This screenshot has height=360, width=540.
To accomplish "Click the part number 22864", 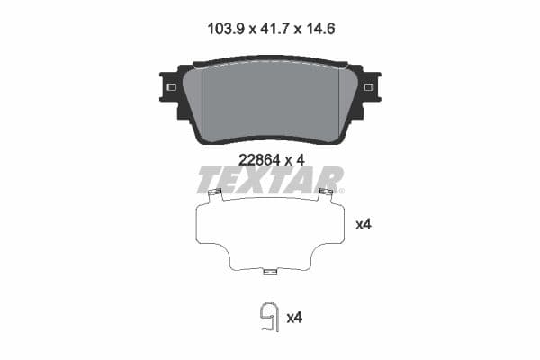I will [x=256, y=159].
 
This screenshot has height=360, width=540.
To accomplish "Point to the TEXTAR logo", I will [x=270, y=180].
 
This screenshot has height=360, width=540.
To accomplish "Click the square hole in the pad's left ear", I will [x=170, y=86].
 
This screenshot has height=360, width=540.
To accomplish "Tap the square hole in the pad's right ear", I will [x=369, y=86].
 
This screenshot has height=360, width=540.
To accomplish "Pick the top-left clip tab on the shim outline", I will [x=214, y=193].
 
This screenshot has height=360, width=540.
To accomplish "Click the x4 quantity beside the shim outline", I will [x=364, y=224].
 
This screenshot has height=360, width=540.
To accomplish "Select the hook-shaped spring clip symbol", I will [x=268, y=317].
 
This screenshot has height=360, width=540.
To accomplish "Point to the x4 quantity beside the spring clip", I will [x=293, y=318].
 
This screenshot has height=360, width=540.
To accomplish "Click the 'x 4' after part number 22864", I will [x=296, y=159].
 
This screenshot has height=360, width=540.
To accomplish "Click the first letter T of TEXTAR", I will [x=209, y=180].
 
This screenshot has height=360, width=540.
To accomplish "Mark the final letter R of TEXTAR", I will [x=329, y=180].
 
